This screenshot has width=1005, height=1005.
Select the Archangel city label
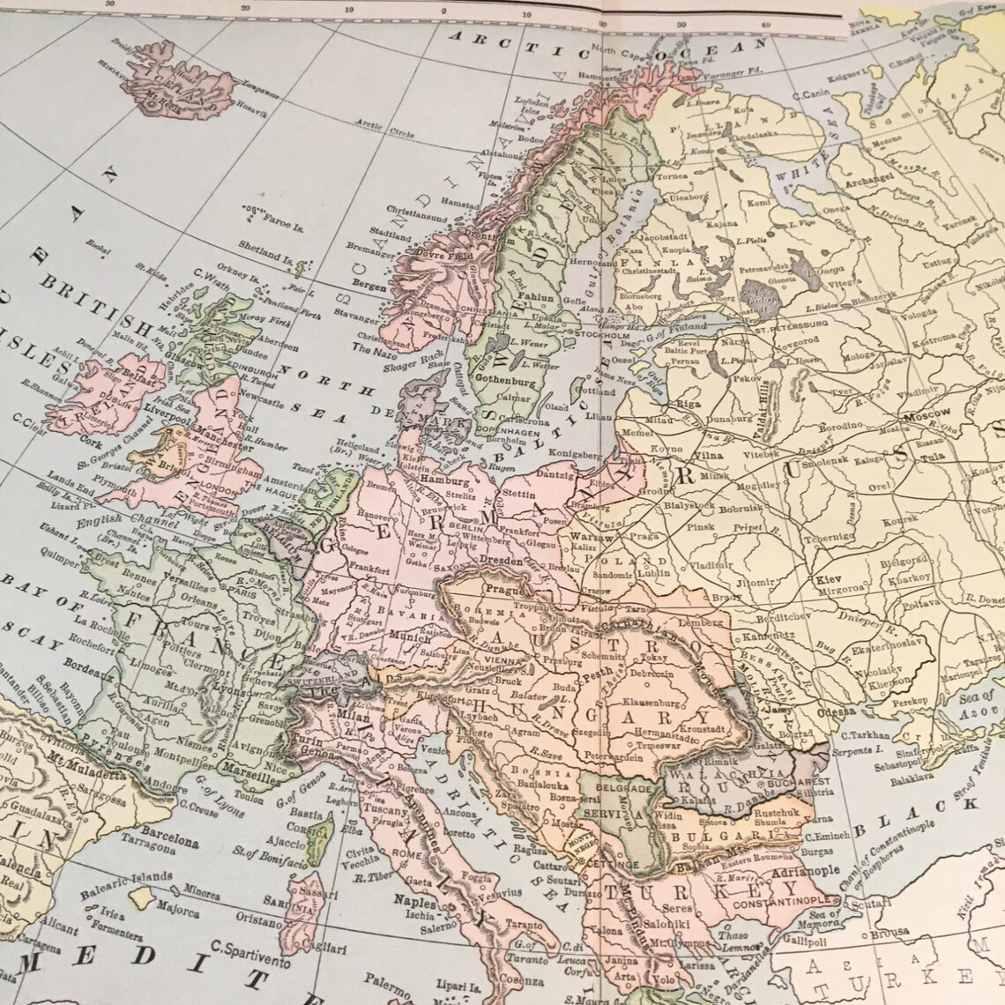[x=895, y=182]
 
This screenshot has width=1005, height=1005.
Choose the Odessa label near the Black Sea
[x=837, y=711]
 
